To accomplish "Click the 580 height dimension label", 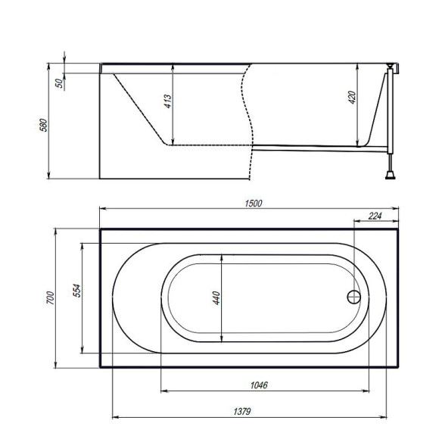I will pos(43,124).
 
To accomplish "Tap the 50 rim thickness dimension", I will pos(58,83).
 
